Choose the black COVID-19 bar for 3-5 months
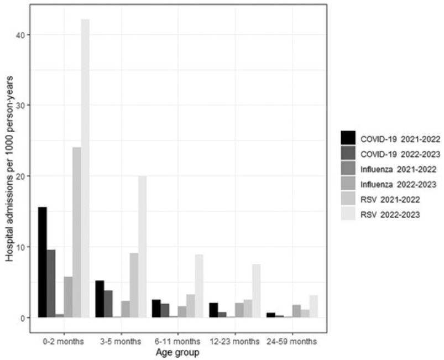coord(100,299)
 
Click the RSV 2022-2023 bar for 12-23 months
coord(256,291)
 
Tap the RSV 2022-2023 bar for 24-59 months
coord(313,306)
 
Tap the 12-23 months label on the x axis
coord(235,341)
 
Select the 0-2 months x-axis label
coord(64,341)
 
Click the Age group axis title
coord(178,352)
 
